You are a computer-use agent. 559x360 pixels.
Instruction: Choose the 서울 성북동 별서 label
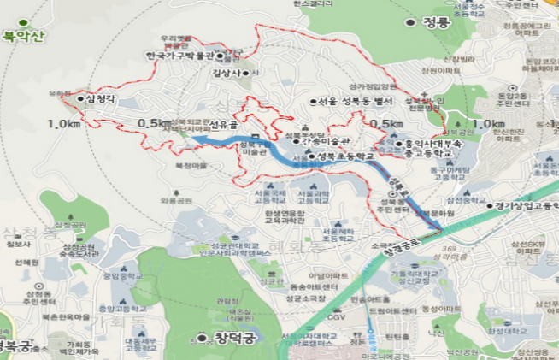(x=355, y=101)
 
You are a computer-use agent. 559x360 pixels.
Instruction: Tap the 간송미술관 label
(x=334, y=141)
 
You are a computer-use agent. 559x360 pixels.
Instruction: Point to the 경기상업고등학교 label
(x=527, y=205)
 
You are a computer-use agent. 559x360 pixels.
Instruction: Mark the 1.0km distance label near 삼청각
(x=64, y=124)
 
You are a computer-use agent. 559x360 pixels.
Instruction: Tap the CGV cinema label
(x=338, y=316)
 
